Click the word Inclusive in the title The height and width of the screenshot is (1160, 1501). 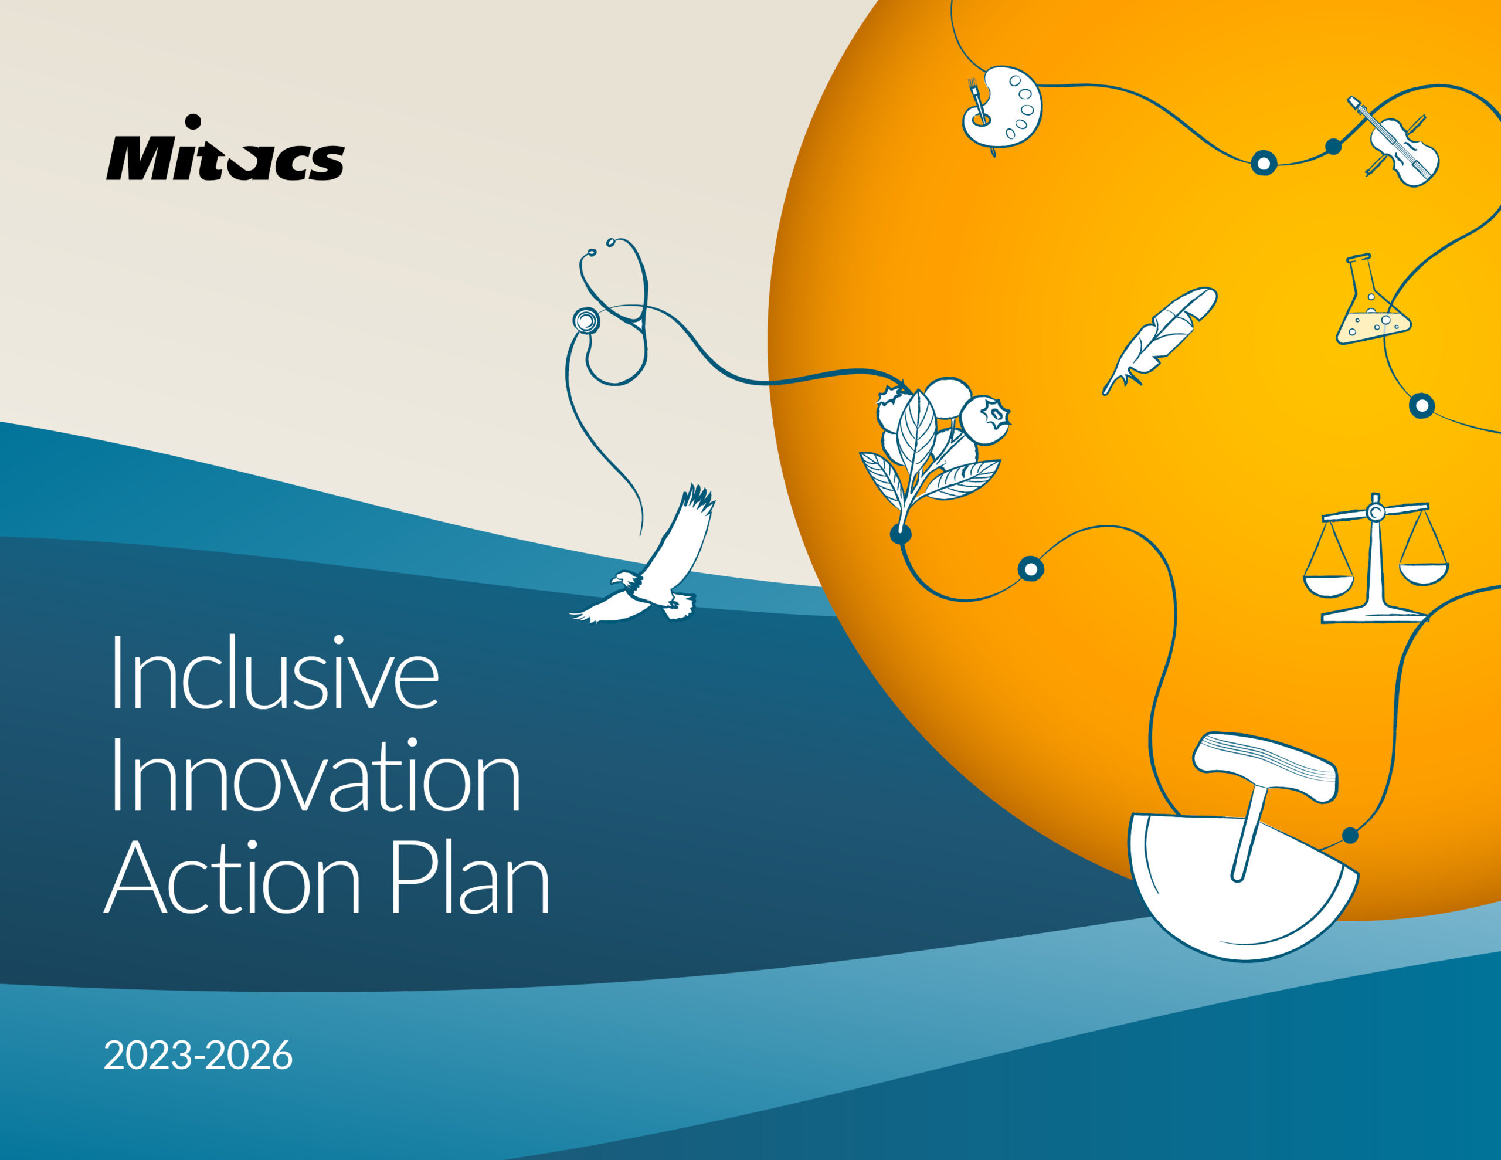tap(274, 674)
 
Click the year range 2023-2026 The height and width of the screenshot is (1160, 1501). tap(198, 1056)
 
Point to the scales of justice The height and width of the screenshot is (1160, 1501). tap(1374, 561)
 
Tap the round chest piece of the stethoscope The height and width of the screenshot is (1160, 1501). tap(586, 320)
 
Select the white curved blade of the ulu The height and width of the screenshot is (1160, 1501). tap(1230, 908)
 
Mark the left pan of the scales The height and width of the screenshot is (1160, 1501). tap(1328, 585)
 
